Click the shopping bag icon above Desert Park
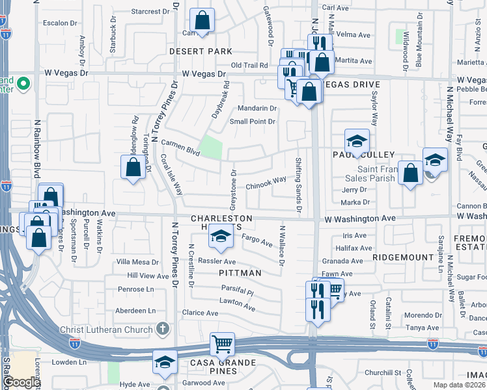point(202,21)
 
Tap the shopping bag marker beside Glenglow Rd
point(133,168)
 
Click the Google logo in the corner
point(21,382)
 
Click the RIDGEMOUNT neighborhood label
point(403,257)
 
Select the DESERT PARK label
point(201,51)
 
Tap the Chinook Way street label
point(266,183)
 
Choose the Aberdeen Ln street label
point(135,311)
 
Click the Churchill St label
point(382,372)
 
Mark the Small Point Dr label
point(254,122)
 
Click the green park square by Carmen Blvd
point(210,147)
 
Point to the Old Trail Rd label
point(249,65)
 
